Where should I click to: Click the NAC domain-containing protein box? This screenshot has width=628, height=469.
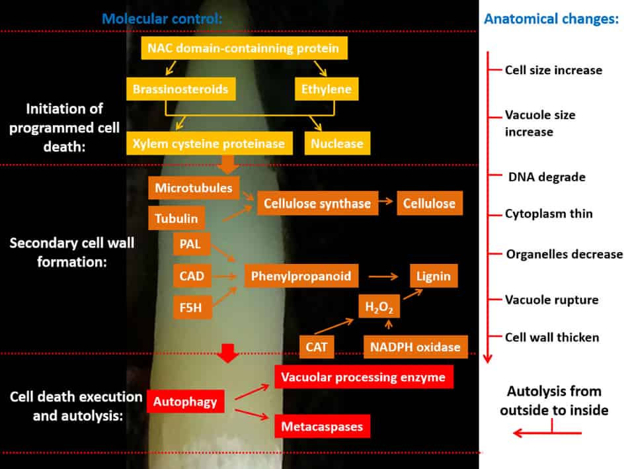243,48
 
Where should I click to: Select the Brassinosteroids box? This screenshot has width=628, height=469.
180,89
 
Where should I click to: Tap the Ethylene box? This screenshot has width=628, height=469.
326,89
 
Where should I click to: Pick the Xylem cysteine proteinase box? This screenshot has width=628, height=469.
209,144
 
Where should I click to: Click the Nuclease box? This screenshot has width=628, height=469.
337,144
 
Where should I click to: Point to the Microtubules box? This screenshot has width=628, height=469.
194,188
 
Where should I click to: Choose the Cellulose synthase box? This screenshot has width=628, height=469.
317,204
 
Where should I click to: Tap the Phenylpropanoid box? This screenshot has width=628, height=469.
301,275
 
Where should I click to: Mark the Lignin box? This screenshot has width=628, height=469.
434,275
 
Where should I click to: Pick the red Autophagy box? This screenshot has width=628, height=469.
186,401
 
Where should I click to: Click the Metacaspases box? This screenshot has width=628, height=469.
322,426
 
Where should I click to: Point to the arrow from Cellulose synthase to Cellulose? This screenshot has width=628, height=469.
387,204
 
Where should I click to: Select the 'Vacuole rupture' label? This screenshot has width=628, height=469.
551,300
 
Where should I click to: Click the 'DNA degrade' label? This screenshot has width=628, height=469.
547,177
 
